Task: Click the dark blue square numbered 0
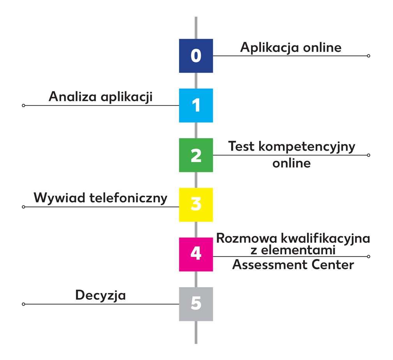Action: point(196,56)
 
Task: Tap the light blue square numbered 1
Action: point(196,105)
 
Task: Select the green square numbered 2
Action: point(196,155)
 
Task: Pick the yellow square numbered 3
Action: point(196,205)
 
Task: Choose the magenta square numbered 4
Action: point(196,254)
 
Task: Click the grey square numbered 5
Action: point(196,304)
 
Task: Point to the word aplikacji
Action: point(126,97)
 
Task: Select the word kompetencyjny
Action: point(307,146)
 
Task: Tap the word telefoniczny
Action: point(128,198)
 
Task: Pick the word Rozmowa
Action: point(246,238)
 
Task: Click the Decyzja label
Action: point(100,295)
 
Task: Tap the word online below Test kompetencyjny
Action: point(291,163)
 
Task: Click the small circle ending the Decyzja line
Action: point(23,304)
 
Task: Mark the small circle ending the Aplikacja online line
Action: point(368,56)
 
